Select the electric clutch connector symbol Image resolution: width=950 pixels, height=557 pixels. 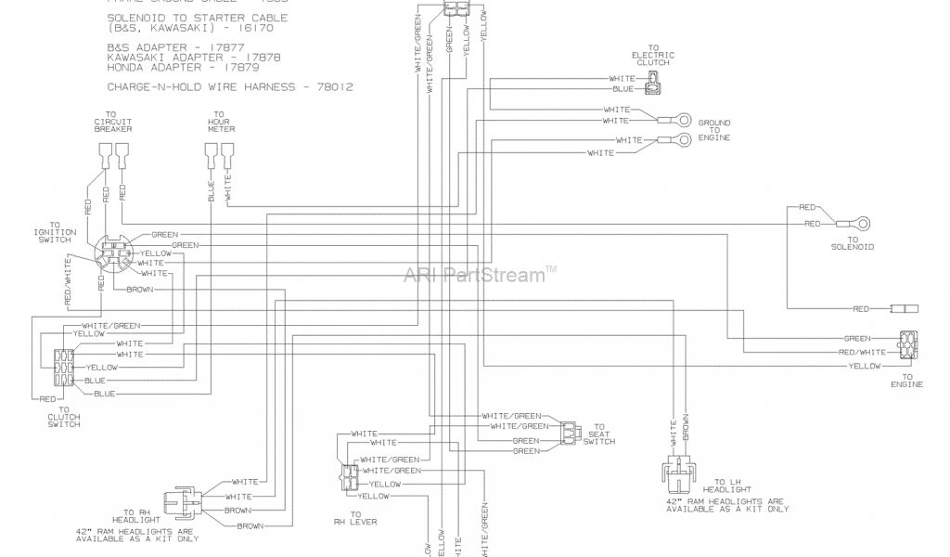coord(656,83)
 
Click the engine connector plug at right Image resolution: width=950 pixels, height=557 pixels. coord(906,344)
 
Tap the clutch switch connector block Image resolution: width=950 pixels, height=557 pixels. coord(63,369)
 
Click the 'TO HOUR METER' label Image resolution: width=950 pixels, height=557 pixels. coord(221,125)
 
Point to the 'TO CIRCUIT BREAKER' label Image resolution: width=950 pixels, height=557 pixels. coord(112,125)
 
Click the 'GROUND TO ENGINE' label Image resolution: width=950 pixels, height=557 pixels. coord(714,130)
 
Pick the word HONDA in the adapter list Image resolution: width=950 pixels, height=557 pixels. coord(126,67)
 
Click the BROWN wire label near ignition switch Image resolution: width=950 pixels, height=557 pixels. coord(139,290)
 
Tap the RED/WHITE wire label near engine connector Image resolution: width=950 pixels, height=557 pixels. coord(862,353)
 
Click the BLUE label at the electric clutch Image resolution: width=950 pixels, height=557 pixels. coord(623,88)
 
